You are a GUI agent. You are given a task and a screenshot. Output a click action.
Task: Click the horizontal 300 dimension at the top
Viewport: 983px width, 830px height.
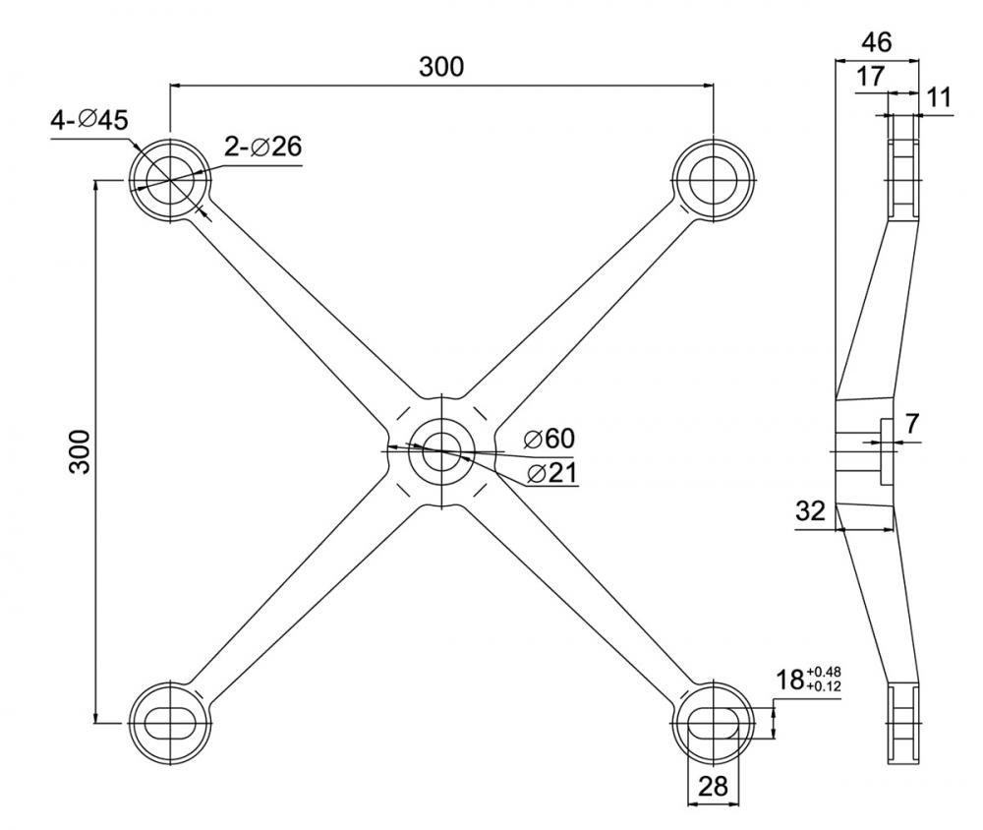[441, 67]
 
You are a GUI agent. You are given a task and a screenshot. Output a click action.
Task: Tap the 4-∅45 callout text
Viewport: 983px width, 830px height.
[89, 121]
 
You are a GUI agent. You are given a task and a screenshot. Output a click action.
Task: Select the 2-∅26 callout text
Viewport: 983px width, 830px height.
[262, 147]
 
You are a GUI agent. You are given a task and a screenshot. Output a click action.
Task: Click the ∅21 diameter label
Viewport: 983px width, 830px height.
[550, 473]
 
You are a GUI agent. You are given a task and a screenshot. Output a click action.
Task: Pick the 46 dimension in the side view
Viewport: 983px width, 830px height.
[876, 41]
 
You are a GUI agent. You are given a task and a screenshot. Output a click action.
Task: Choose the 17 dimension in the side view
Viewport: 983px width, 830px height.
[870, 77]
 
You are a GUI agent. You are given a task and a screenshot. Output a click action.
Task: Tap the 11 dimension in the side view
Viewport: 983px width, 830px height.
[939, 96]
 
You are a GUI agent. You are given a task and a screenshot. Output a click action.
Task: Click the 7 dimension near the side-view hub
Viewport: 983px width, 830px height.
[912, 425]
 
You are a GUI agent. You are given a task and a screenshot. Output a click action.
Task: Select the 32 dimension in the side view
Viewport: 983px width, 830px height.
[811, 511]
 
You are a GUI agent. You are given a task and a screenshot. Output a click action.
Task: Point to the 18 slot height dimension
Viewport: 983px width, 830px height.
[789, 680]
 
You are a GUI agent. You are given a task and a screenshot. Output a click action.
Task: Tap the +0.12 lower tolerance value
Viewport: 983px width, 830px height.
[823, 685]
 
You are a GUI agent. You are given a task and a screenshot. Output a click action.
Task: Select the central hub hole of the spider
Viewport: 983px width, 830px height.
[442, 450]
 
